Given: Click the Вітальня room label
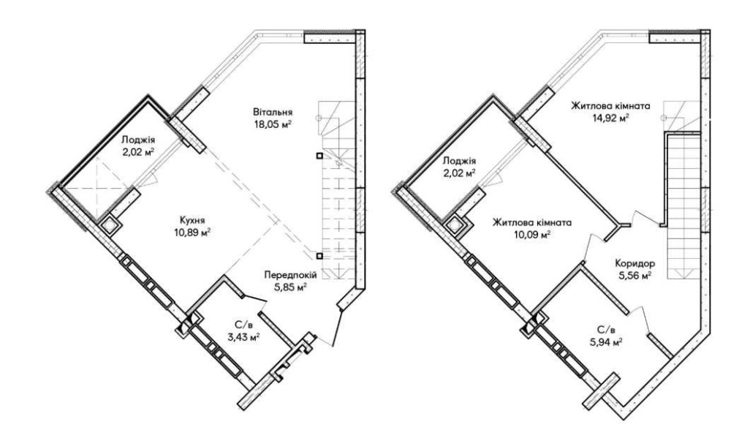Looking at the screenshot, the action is pyautogui.click(x=273, y=112).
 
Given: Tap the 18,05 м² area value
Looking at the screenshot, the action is pyautogui.click(x=273, y=124).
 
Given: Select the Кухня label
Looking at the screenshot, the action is pyautogui.click(x=192, y=219).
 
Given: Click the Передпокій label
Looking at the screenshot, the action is pyautogui.click(x=290, y=275).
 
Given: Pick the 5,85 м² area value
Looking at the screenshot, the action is pyautogui.click(x=290, y=287).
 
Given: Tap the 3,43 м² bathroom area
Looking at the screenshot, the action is pyautogui.click(x=243, y=336).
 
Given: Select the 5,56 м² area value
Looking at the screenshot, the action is pyautogui.click(x=635, y=276).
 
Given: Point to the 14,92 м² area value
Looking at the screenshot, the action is pyautogui.click(x=610, y=118).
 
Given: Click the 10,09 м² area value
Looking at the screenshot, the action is pyautogui.click(x=532, y=235).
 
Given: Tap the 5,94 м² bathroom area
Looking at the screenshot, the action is pyautogui.click(x=606, y=342).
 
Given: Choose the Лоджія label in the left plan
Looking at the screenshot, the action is pyautogui.click(x=138, y=140).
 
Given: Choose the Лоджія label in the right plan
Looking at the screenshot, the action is pyautogui.click(x=459, y=161).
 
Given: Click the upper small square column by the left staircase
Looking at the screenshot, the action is pyautogui.click(x=319, y=156).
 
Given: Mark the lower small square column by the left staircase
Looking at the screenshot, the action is pyautogui.click(x=319, y=256).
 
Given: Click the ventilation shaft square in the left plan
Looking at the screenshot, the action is pyautogui.click(x=110, y=225).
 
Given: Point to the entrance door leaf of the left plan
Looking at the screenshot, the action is pyautogui.click(x=338, y=328).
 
